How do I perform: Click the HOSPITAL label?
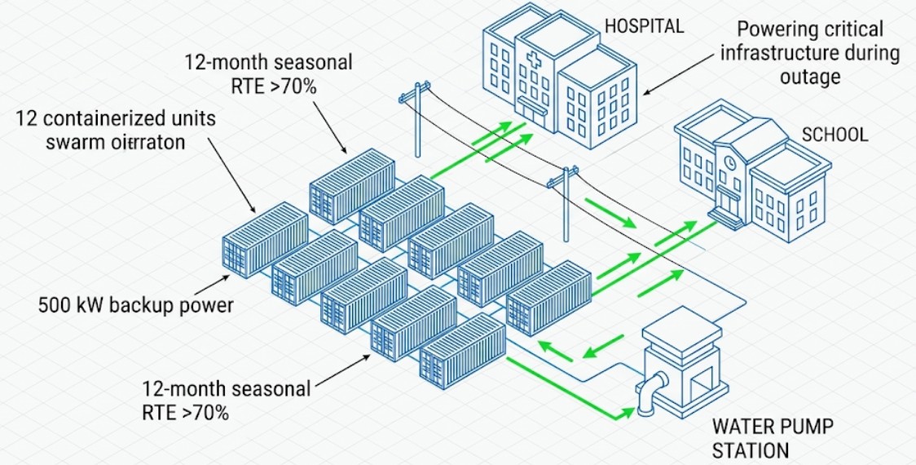(x=644, y=25)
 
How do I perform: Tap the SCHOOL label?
(x=835, y=135)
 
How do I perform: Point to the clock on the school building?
(x=731, y=162)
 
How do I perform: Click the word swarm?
(x=46, y=141)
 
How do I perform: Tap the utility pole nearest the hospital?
(x=416, y=122)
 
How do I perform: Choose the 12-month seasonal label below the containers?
(x=226, y=400)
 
